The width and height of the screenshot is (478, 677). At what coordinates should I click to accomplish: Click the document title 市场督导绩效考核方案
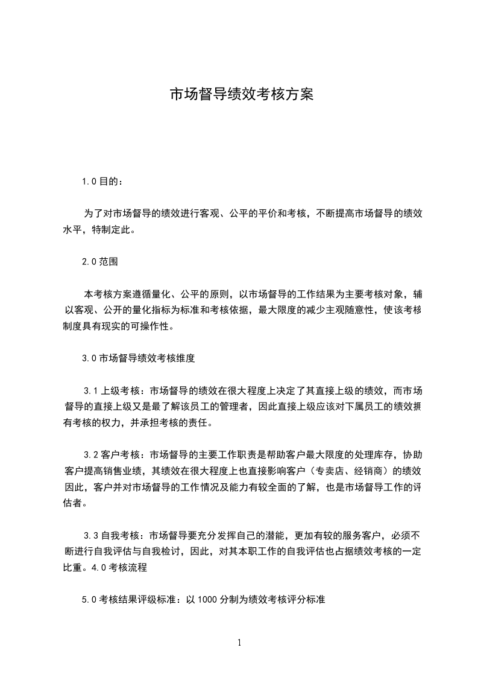241,95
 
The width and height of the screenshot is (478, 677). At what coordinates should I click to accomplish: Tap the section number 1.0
89,180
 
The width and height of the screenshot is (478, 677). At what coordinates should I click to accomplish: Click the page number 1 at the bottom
239,643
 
